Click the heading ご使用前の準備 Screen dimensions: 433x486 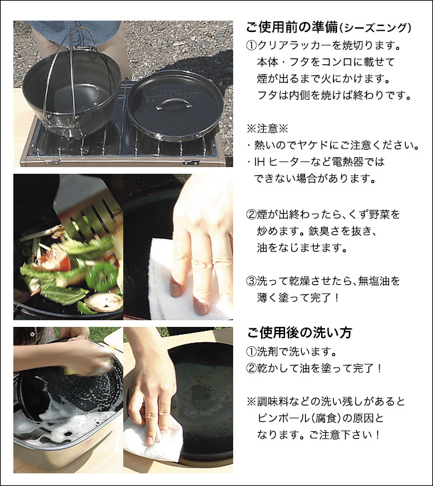(x=292, y=27)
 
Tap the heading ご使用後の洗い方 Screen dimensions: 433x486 (x=299, y=333)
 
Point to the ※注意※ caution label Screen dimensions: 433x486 (x=267, y=128)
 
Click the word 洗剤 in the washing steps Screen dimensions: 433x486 (x=267, y=352)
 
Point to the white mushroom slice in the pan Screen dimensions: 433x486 (x=105, y=302)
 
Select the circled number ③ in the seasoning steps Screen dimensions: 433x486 (x=251, y=281)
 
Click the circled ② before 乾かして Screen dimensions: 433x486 (x=251, y=369)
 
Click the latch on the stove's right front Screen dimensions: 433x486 (x=191, y=162)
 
